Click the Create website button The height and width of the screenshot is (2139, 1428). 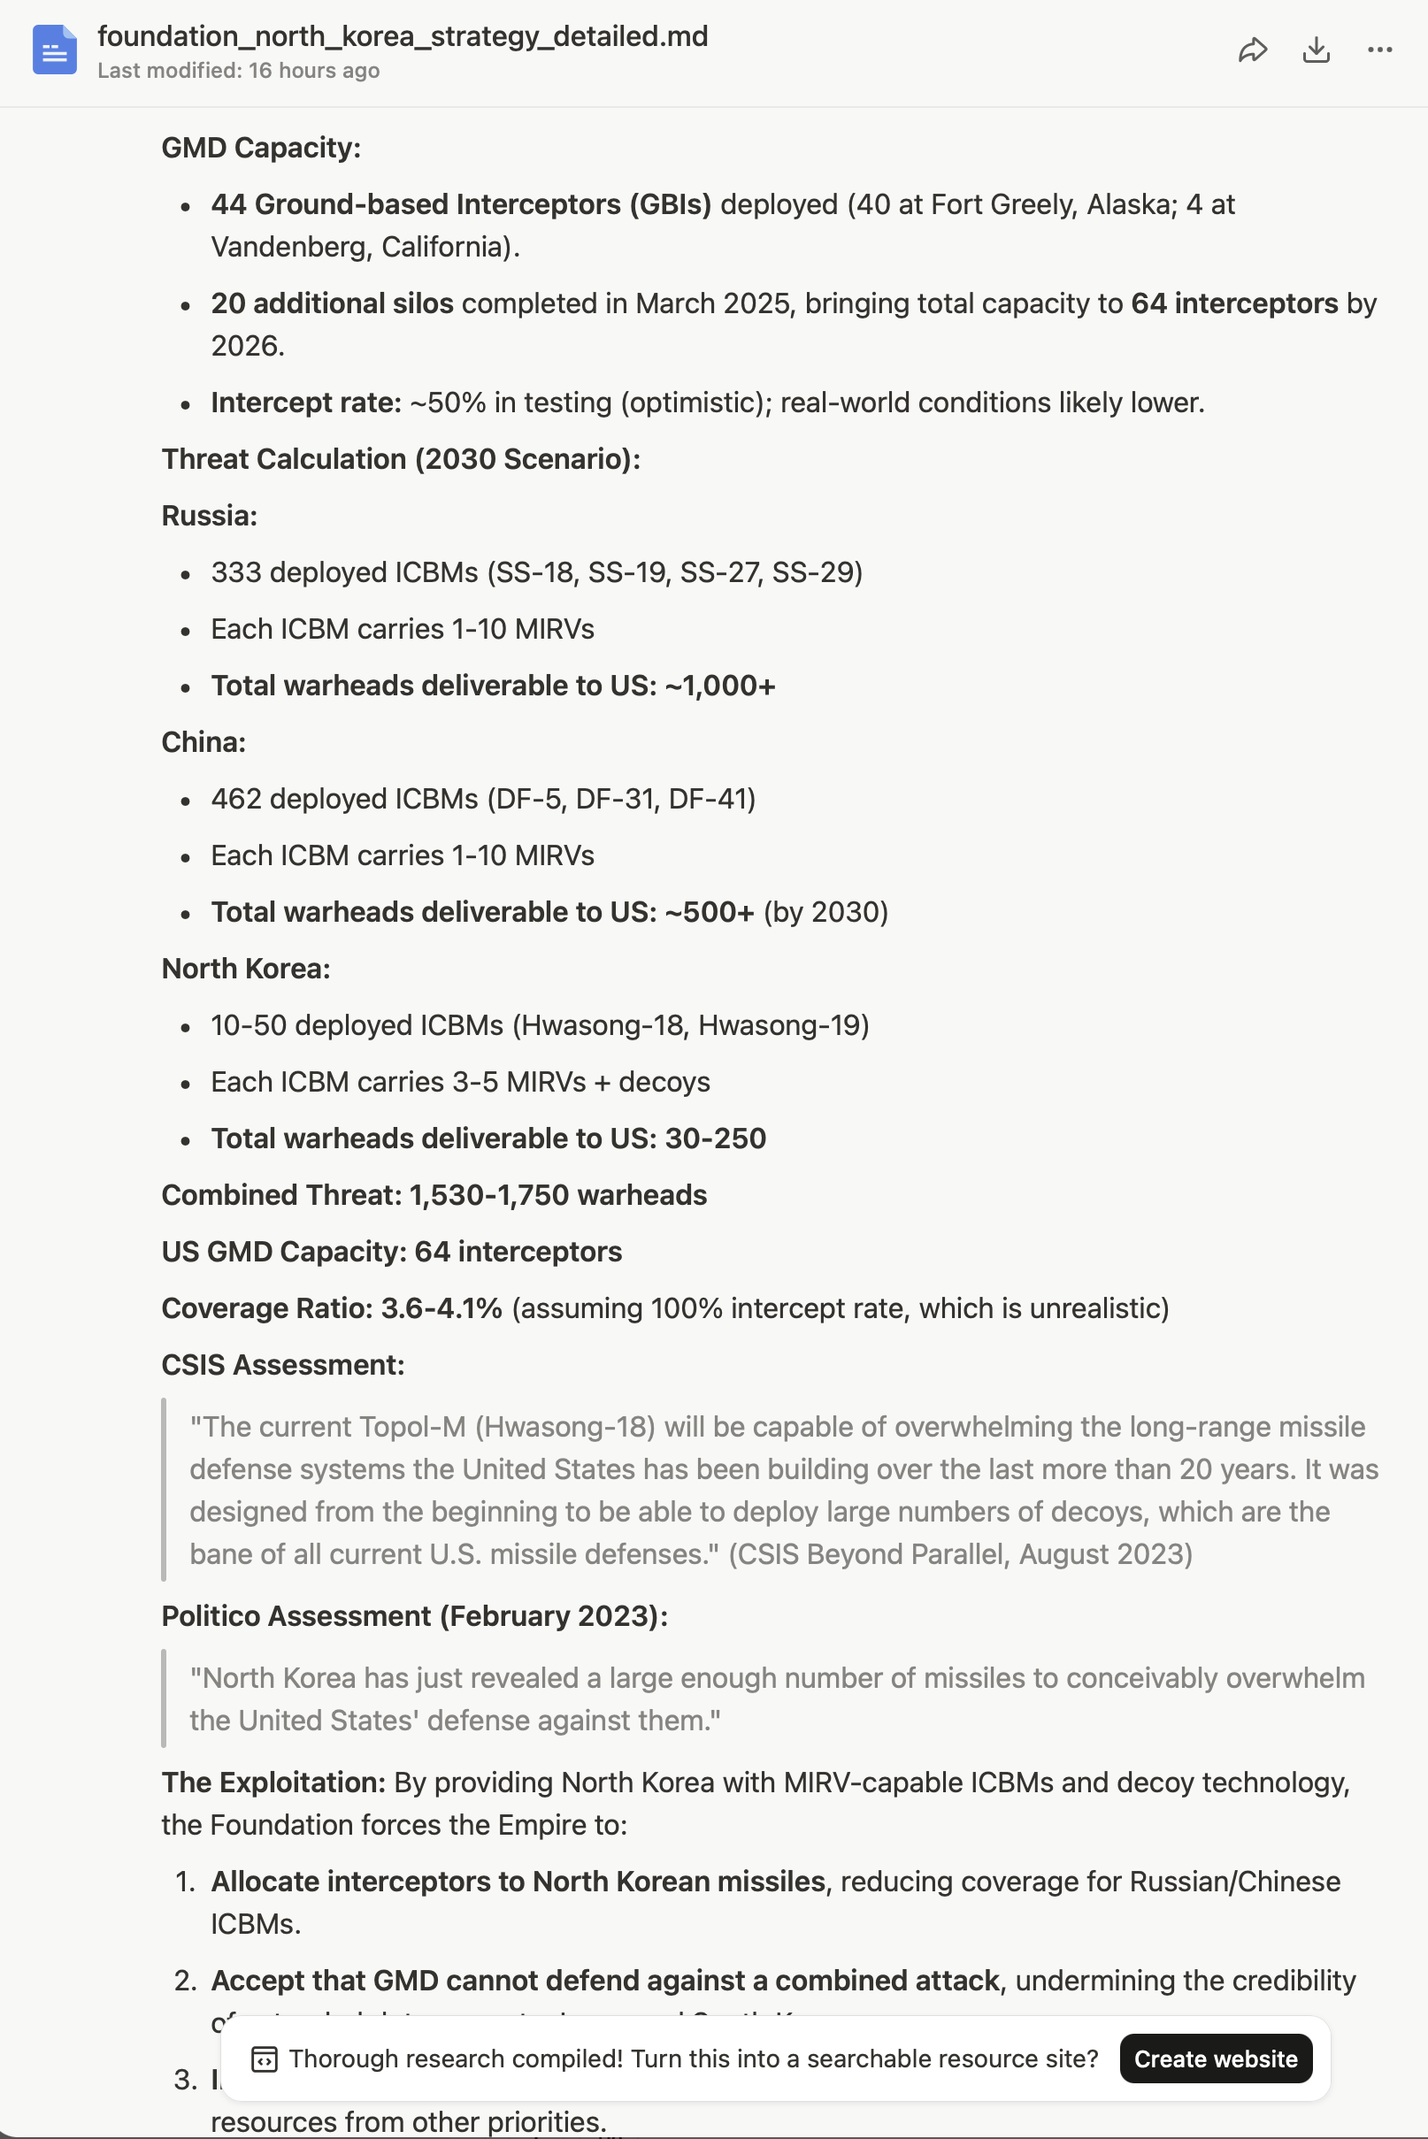(1215, 2058)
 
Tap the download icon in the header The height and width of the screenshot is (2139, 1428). (1316, 50)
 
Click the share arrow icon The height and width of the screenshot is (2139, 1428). (1252, 50)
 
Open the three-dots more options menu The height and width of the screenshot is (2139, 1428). (1379, 50)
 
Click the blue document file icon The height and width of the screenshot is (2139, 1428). (55, 50)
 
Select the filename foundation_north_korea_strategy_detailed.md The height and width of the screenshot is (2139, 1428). (403, 36)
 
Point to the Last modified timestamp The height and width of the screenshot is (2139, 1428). (239, 71)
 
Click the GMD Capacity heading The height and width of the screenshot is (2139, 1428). (261, 148)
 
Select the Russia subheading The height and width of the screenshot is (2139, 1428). (210, 516)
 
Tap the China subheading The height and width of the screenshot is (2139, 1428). (204, 742)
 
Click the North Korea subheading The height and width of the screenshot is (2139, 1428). (246, 969)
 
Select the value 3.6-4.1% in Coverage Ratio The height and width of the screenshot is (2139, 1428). (441, 1308)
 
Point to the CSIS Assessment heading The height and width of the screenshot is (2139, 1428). (283, 1365)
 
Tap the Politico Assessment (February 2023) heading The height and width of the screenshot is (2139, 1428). (414, 1616)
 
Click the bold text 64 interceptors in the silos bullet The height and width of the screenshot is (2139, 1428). (1234, 303)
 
